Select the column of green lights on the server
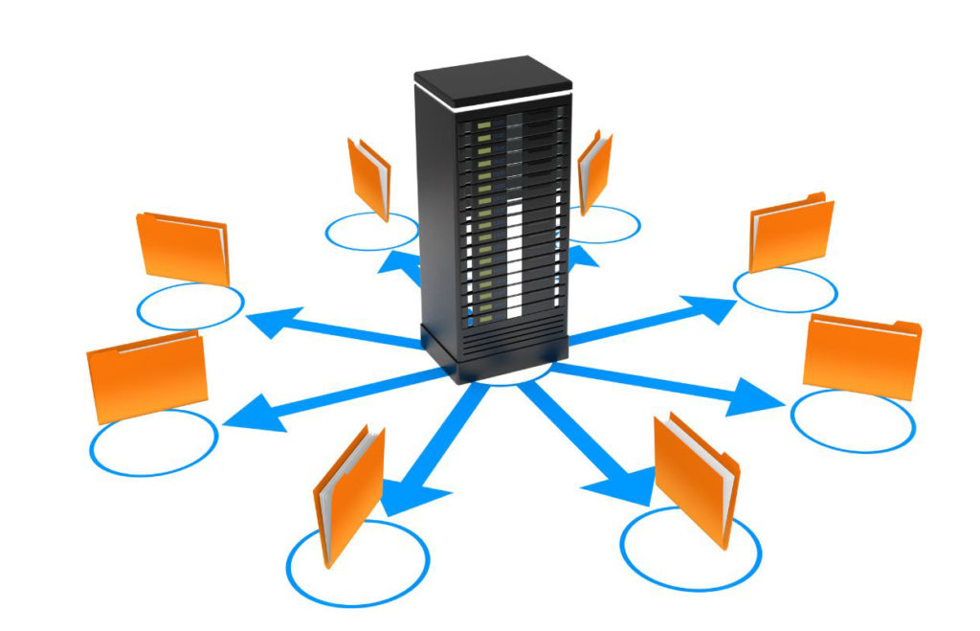click(483, 211)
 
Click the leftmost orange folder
click(146, 374)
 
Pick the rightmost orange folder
click(862, 354)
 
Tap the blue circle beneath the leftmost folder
click(153, 441)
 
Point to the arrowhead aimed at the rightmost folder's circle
click(756, 396)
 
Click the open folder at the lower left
click(348, 493)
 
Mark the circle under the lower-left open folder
click(358, 561)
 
